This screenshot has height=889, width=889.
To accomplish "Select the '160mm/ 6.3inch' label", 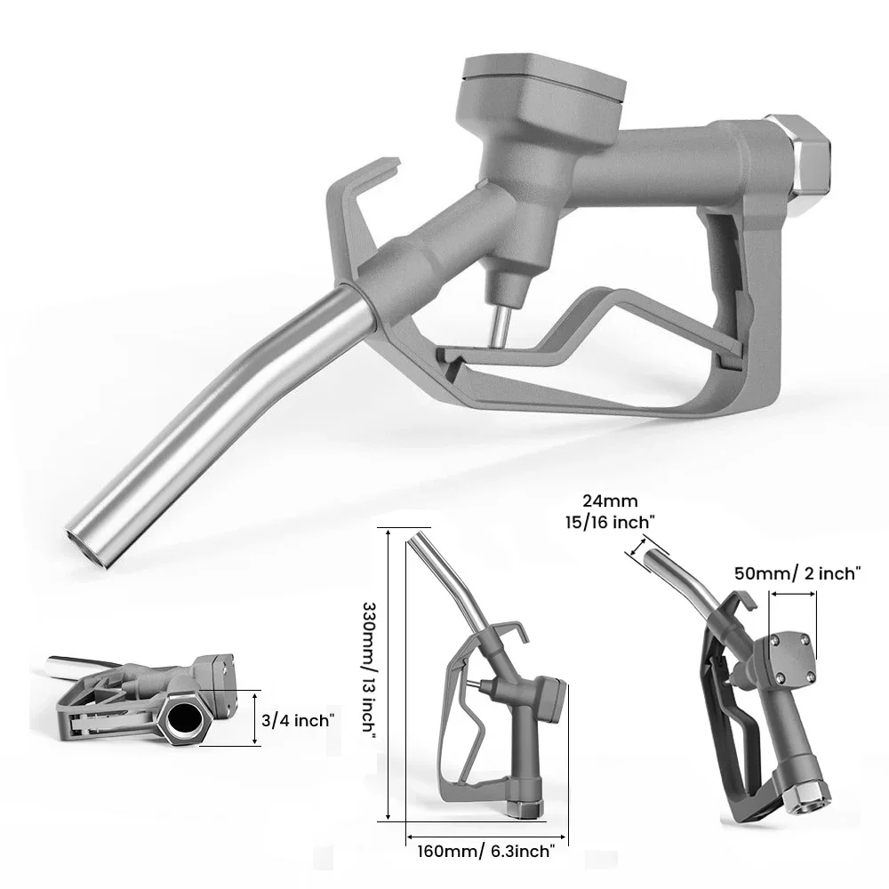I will [487, 852].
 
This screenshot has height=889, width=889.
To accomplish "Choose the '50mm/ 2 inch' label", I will [797, 573].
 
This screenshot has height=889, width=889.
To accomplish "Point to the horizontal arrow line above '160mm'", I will [487, 835].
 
